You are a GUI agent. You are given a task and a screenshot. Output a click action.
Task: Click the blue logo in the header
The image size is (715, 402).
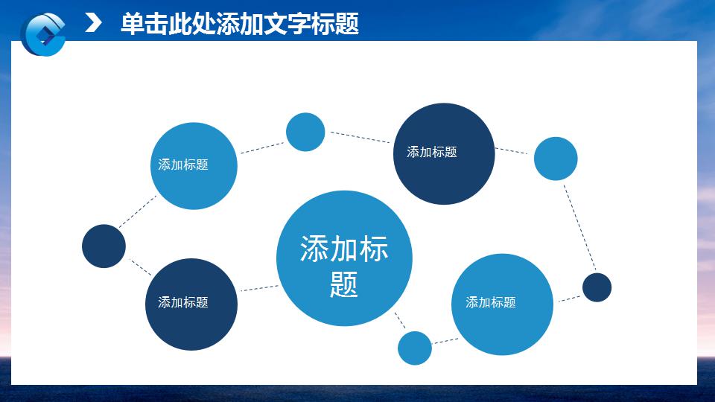click(x=44, y=33)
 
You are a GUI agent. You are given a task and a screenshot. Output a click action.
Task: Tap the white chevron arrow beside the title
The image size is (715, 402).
click(x=94, y=23)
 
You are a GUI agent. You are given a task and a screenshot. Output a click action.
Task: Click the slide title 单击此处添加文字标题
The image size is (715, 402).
click(x=239, y=24)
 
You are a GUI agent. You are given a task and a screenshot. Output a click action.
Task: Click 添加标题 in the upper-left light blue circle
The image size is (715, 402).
click(x=183, y=165)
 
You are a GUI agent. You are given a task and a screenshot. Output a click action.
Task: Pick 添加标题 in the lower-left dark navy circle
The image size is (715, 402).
click(x=183, y=302)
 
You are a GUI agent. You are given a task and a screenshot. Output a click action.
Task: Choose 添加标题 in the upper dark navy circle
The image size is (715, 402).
click(x=432, y=152)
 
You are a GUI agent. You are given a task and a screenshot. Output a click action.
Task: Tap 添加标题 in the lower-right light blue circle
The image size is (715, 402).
click(x=491, y=302)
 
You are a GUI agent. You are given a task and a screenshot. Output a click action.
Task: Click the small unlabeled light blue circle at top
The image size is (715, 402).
click(x=305, y=132)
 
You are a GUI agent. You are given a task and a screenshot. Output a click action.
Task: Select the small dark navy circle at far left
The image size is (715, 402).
click(x=104, y=246)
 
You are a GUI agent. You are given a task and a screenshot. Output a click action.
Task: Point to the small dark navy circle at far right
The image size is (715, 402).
click(x=597, y=287)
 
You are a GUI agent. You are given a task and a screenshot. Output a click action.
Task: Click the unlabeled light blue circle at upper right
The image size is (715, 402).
click(x=556, y=159)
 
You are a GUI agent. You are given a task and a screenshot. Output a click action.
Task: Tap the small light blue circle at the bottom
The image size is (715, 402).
click(x=415, y=348)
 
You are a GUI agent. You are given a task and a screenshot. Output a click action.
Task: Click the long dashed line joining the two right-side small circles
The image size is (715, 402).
click(x=579, y=227)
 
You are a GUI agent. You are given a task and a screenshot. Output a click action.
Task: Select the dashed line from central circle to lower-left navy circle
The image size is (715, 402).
click(x=258, y=288)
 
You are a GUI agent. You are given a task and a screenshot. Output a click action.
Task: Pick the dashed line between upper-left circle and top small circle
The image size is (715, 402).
click(x=261, y=147)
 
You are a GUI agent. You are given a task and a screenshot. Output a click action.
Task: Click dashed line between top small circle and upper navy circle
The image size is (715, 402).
click(x=360, y=137)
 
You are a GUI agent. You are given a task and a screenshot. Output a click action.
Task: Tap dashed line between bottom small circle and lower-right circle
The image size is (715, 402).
click(x=445, y=341)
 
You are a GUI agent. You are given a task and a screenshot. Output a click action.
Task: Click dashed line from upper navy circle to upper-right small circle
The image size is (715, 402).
click(x=512, y=150)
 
